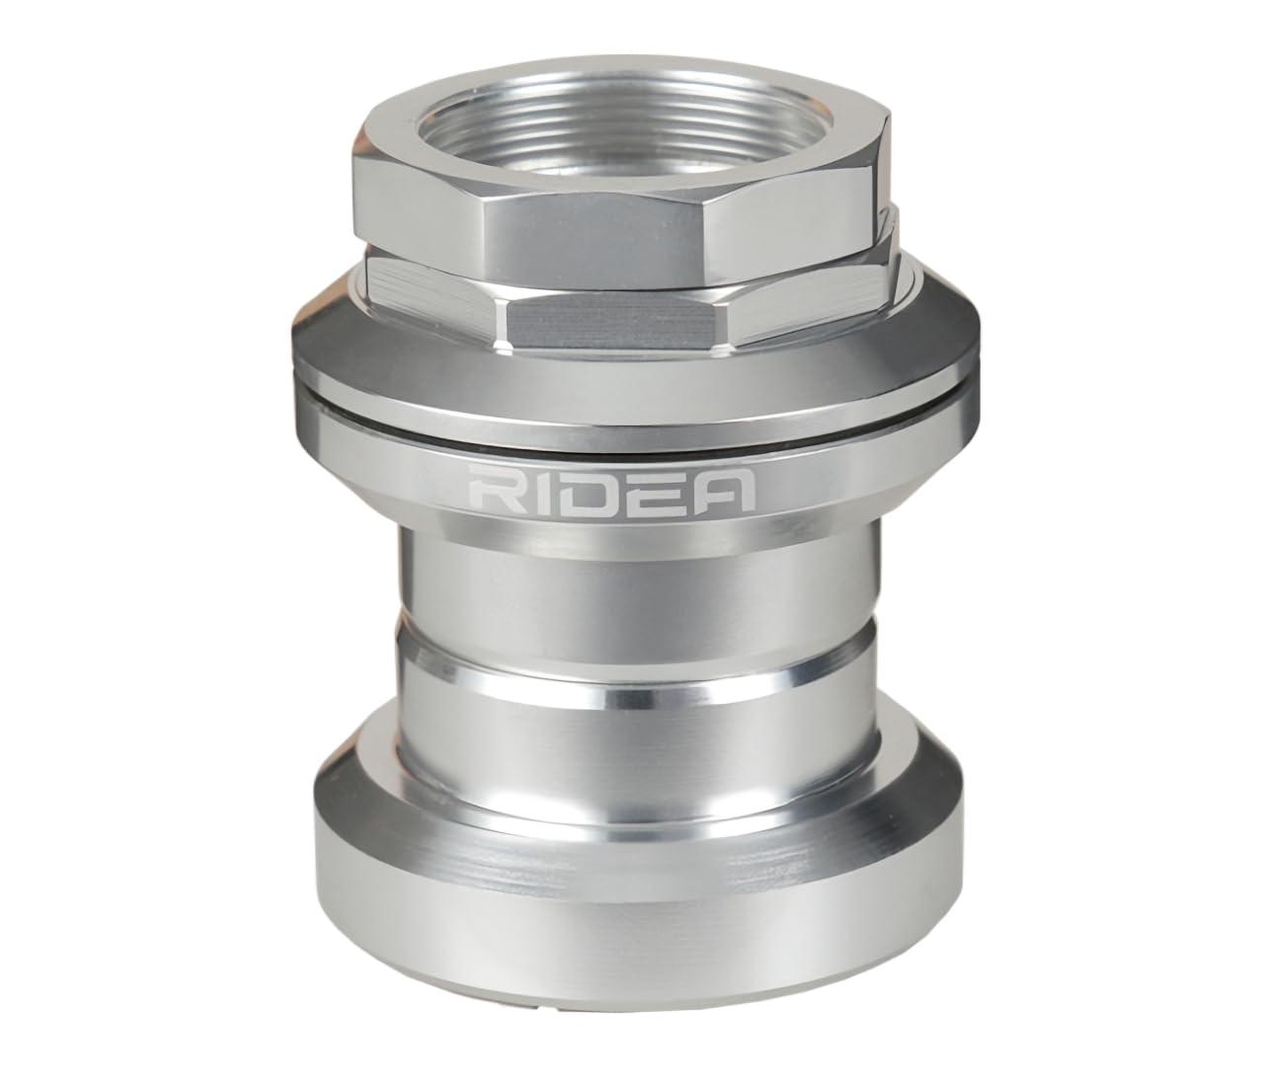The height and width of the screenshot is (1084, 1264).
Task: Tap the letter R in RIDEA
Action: [494, 488]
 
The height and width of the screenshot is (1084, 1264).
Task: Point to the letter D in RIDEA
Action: [583, 488]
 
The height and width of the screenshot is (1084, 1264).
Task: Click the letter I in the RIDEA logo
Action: [536, 489]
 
